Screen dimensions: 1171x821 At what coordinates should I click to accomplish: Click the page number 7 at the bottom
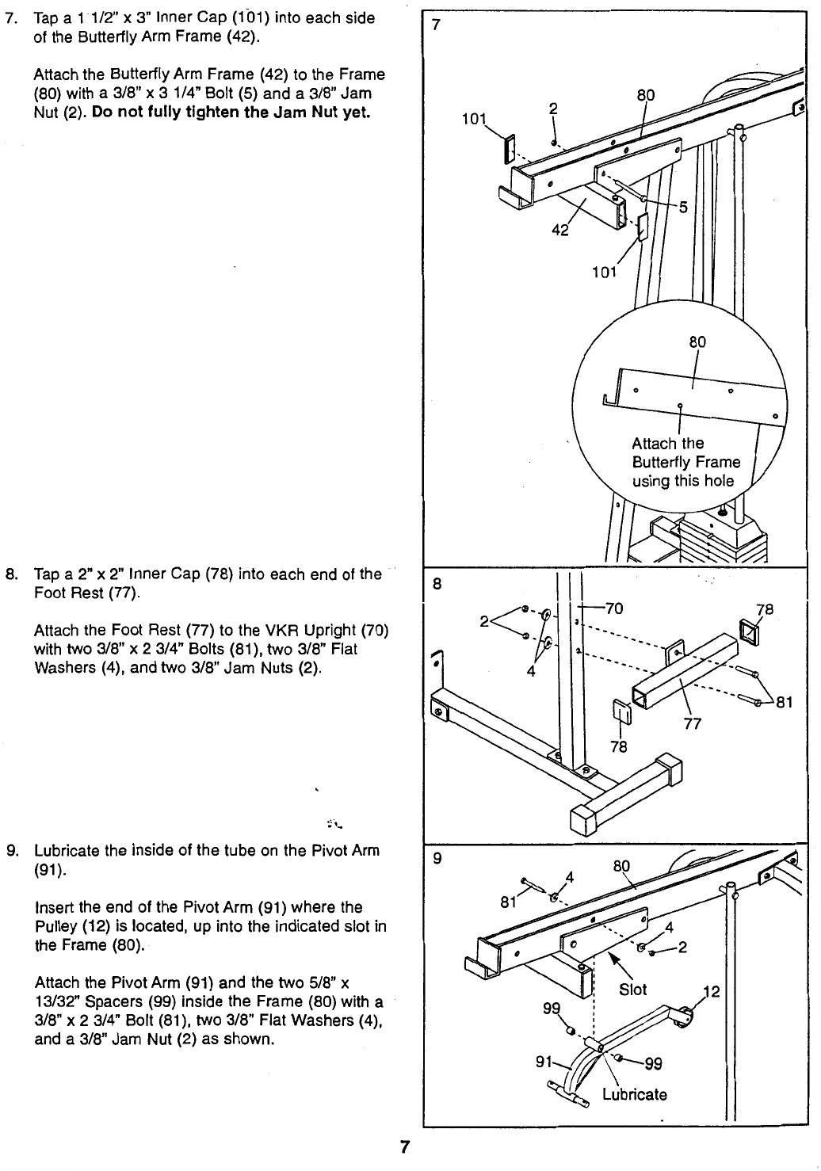pos(403,1146)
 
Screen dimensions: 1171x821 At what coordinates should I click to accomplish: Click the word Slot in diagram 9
pos(632,990)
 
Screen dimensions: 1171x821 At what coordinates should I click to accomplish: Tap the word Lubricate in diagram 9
pos(634,1094)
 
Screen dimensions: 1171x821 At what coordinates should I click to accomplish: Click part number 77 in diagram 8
pos(692,723)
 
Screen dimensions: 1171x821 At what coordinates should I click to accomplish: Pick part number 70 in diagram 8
pos(615,609)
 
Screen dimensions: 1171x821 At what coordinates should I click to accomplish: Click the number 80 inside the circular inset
pos(697,342)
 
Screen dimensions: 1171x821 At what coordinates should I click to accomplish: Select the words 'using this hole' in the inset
pos(682,481)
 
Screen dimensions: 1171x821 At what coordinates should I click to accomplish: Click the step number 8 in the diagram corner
pos(436,585)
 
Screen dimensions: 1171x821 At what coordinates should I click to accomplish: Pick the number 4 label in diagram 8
pos(531,672)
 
